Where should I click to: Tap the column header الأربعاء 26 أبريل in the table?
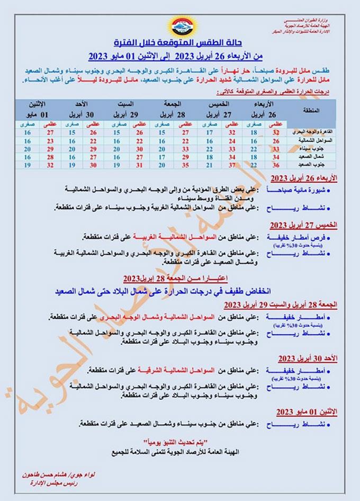pyautogui.click(x=265, y=109)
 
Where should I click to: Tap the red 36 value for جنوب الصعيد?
pyautogui.click(x=275, y=165)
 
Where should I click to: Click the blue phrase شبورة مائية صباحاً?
pyautogui.click(x=297, y=189)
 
